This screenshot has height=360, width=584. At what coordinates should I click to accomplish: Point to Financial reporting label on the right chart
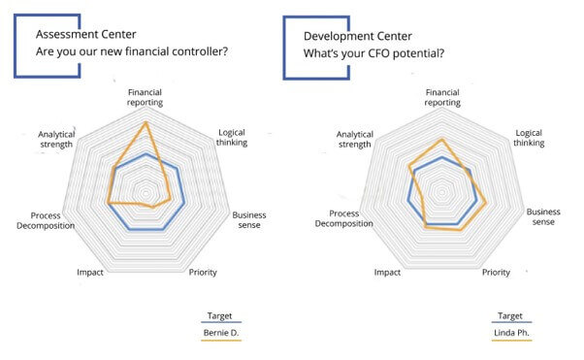(x=441, y=98)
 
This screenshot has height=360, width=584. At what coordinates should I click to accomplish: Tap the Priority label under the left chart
(x=203, y=273)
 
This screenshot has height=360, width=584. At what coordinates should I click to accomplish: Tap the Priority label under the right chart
(x=496, y=273)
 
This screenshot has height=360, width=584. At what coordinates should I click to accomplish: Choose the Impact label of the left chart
(x=90, y=273)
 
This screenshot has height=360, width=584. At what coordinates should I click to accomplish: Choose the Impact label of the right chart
(x=387, y=273)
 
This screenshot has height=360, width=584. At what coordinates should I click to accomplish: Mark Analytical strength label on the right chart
(x=353, y=139)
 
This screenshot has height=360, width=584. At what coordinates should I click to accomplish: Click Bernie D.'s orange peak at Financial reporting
(x=146, y=123)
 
